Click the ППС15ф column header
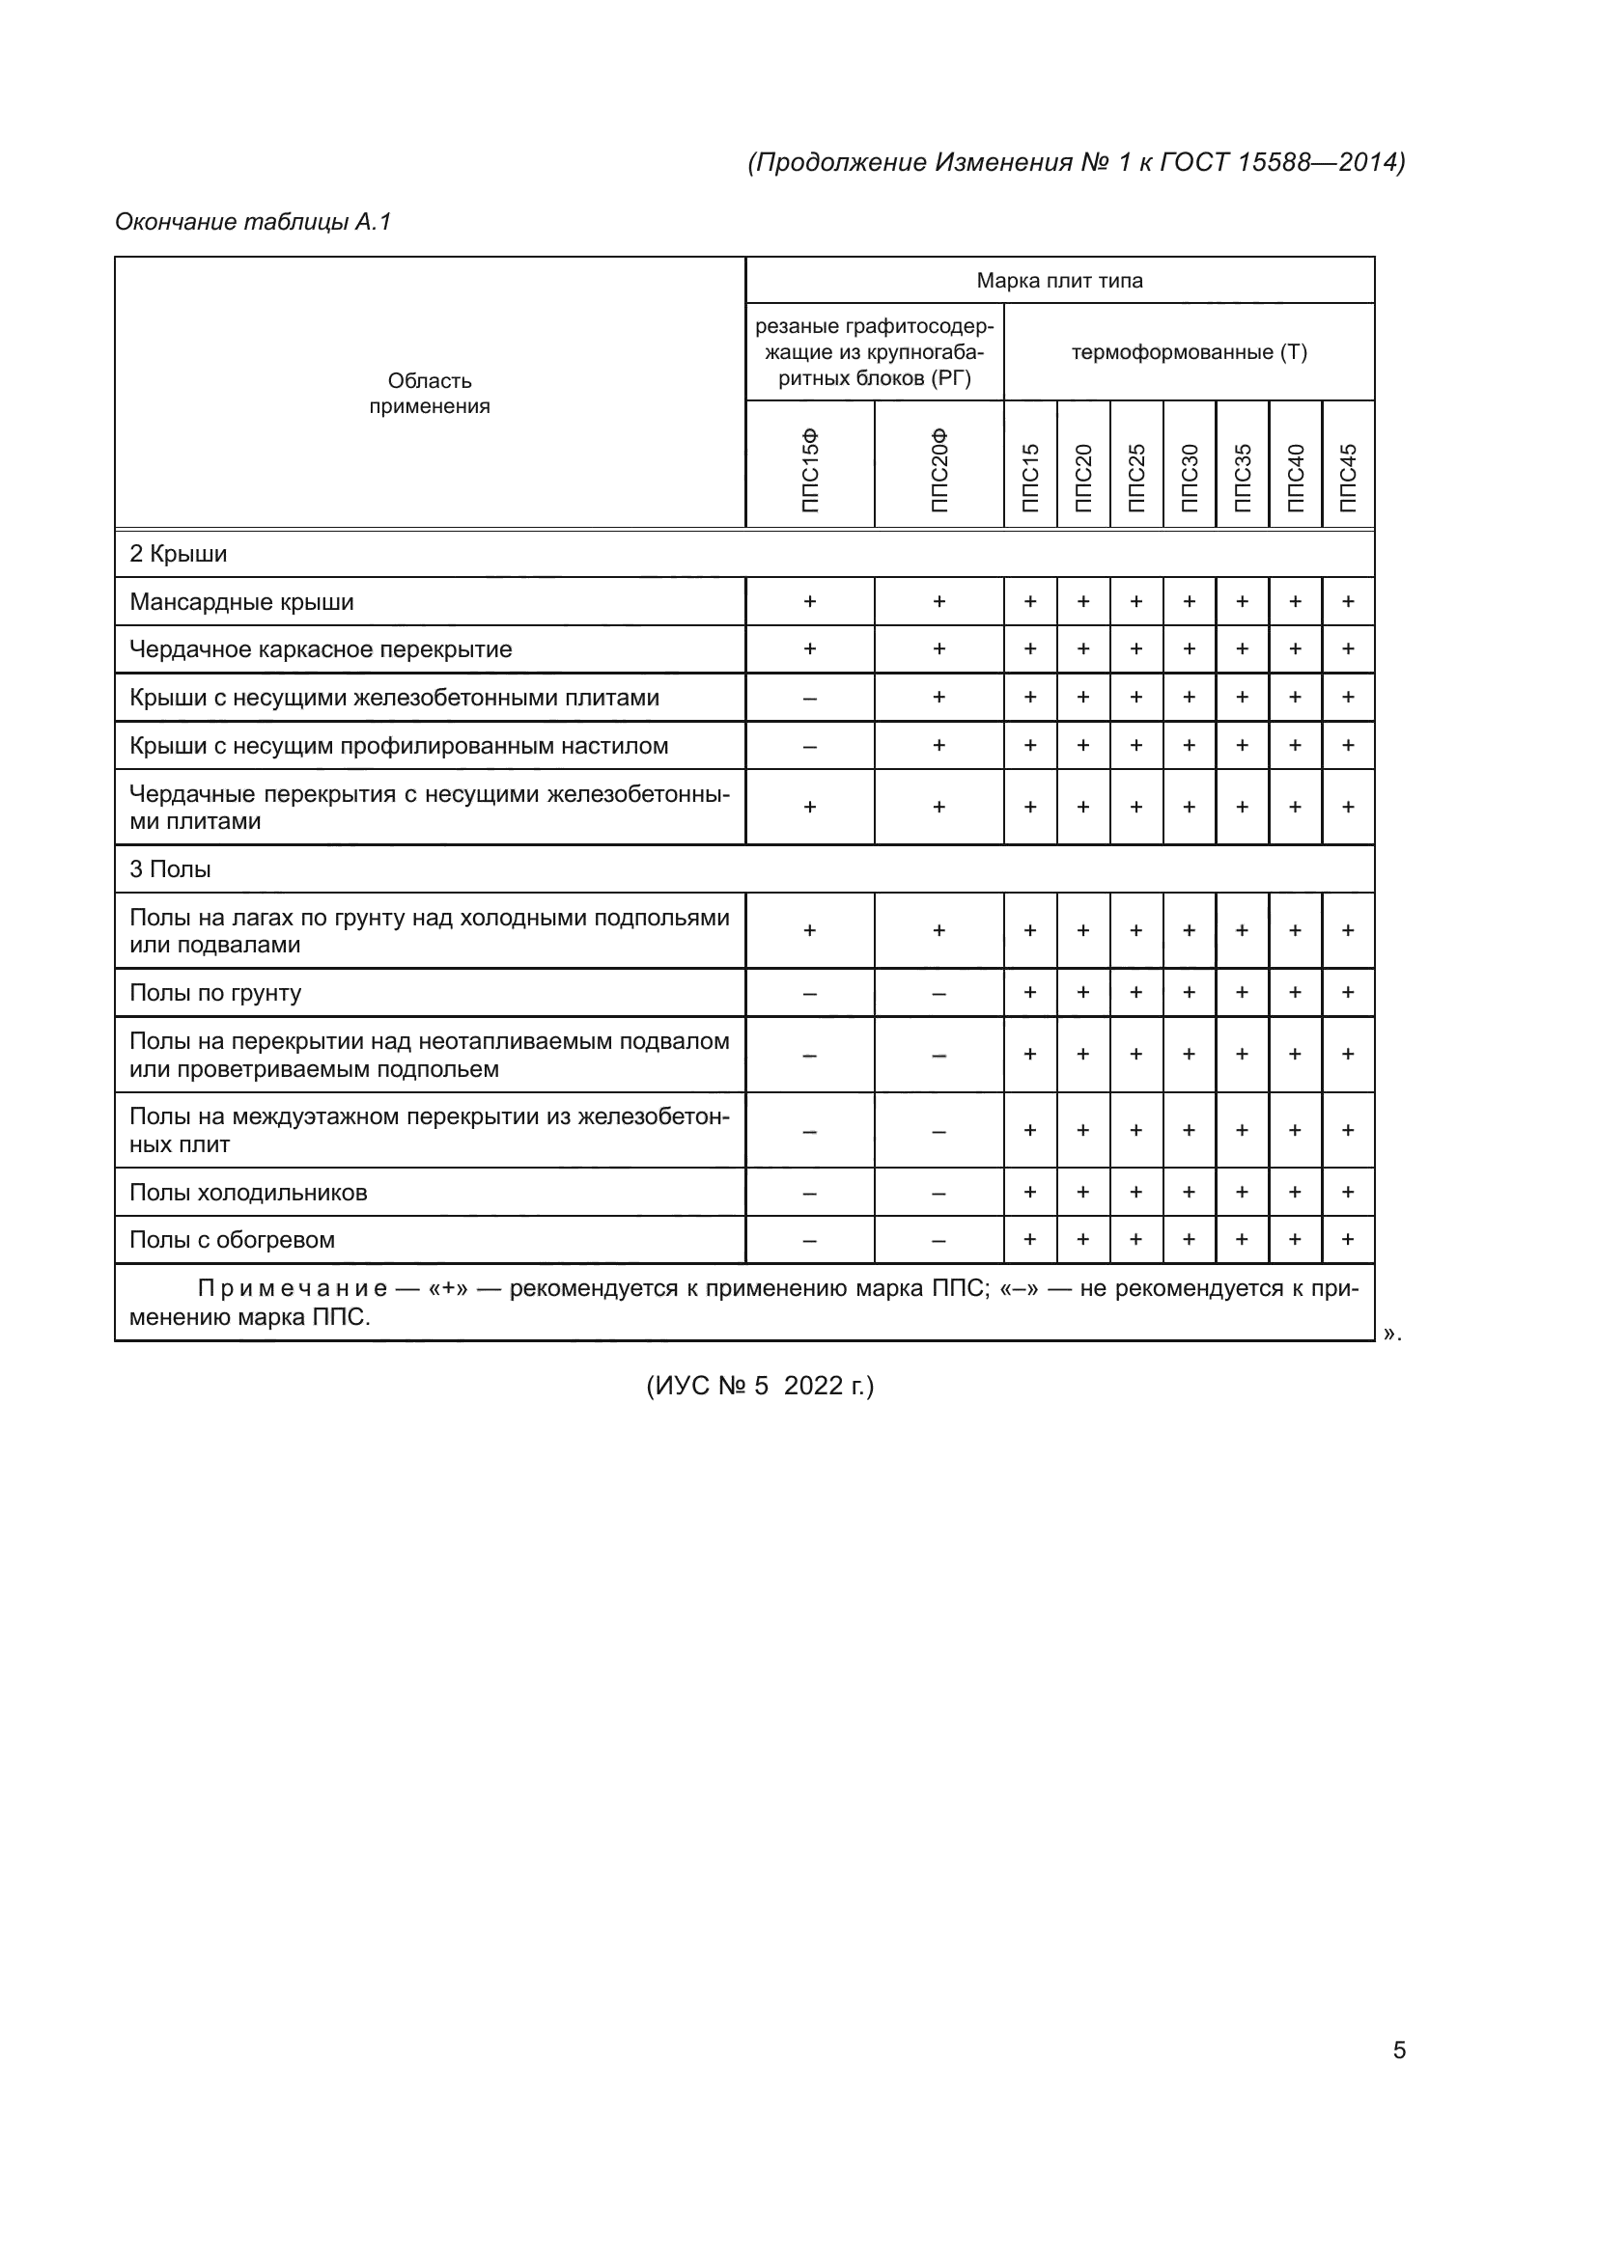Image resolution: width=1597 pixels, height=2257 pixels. pos(809,471)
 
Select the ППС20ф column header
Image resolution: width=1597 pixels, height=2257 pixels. pos(939,471)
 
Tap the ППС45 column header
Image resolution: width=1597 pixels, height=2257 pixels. pos(1348,478)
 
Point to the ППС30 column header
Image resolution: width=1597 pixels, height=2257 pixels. pos(1189,478)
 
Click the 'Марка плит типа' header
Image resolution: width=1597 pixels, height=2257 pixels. pos(1059,281)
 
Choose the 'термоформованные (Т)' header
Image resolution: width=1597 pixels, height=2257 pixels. pos(1189,352)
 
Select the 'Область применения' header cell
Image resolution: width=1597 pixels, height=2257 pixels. pos(430,393)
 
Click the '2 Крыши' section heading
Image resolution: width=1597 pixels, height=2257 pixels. pos(178,555)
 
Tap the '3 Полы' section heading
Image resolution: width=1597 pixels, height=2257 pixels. pos(170,870)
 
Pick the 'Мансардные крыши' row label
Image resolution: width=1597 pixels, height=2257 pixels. pos(242,601)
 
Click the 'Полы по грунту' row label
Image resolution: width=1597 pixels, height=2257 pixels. pos(215,993)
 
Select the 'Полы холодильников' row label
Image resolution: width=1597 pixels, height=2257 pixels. pos(248,1193)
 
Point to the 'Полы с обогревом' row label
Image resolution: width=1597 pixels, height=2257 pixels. pos(232,1241)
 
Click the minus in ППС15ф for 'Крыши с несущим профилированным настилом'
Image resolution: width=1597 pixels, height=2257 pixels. pos(809,747)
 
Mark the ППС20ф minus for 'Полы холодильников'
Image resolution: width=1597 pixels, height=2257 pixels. pos(939,1194)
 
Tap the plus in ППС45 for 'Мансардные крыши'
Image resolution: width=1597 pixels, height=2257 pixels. pos(1348,601)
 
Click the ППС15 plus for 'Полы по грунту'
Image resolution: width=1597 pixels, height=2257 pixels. pos(1030,993)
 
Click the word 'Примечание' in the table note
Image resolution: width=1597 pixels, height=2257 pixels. pos(292,1289)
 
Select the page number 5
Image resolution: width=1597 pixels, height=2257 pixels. pos(1399,2051)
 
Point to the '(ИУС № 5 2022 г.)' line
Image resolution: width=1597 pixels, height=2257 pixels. pos(759,1386)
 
